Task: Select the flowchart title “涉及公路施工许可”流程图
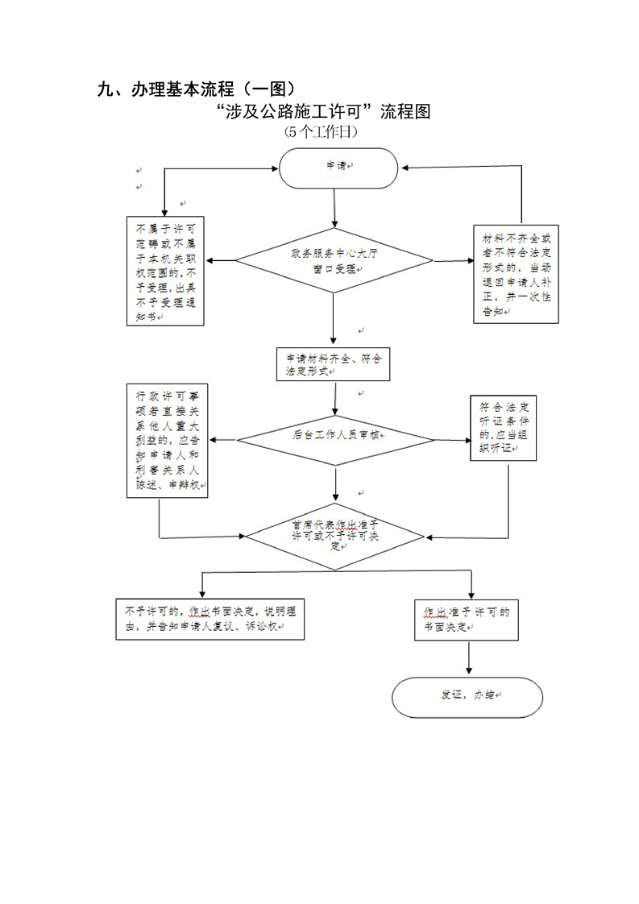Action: coord(324,112)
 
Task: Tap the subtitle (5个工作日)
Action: coord(321,131)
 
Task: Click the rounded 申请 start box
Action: coord(338,168)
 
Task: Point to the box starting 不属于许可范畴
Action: coord(165,271)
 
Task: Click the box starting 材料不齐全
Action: coord(516,275)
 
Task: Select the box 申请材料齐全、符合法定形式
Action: coord(333,364)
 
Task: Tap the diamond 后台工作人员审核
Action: coord(335,436)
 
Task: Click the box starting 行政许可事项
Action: coord(167,440)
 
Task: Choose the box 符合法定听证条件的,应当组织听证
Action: coord(503,428)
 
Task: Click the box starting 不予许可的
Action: coord(209,619)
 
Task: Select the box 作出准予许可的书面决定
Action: coord(467,619)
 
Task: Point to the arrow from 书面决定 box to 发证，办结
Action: coord(467,659)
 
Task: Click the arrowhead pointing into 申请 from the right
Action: coord(409,168)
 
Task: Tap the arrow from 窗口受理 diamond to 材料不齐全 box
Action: coord(453,261)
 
